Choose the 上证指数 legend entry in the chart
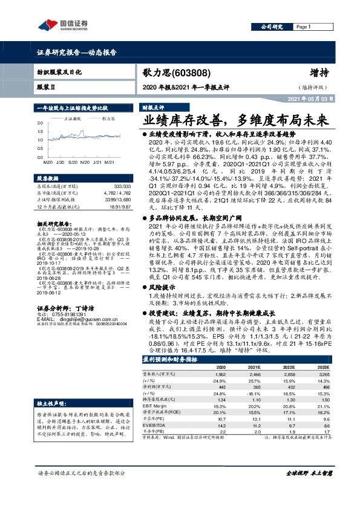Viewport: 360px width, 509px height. (73, 119)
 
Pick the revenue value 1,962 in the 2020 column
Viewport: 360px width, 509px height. (220, 375)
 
